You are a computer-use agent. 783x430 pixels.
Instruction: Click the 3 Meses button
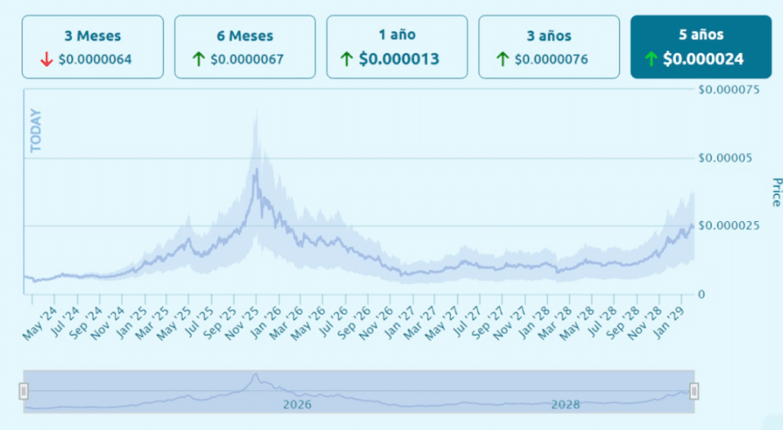[x=93, y=46]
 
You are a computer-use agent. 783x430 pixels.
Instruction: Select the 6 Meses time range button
[x=245, y=46]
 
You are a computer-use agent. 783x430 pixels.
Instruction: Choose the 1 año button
[x=397, y=46]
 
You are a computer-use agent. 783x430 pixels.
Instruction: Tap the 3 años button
[x=549, y=46]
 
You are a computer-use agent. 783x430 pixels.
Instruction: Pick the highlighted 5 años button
[x=700, y=46]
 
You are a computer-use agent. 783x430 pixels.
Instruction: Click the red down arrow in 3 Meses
[x=47, y=59]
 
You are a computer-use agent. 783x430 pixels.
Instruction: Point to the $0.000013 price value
[x=399, y=59]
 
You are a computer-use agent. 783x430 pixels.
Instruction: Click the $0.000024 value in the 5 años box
[x=703, y=59]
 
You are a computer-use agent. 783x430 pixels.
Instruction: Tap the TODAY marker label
[x=35, y=131]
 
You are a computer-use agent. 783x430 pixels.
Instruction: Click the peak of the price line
[x=256, y=169]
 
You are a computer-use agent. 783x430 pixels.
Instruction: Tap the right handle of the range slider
[x=694, y=392]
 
